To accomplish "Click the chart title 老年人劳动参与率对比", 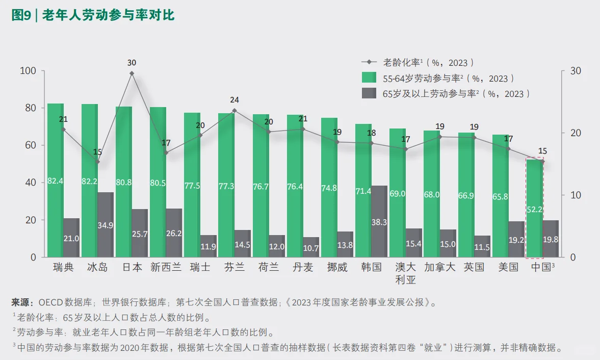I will (108, 16).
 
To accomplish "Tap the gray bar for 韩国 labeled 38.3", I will (379, 221).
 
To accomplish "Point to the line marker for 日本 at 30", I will (132, 73).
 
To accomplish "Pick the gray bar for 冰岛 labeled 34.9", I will (106, 224).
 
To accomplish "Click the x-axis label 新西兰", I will (166, 267).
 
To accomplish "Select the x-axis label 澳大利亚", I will (406, 273).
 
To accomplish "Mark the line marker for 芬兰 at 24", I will (234, 111).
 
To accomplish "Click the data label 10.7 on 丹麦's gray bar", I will (310, 248).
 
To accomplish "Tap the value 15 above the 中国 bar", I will (542, 151).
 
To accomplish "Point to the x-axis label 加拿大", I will (439, 267).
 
